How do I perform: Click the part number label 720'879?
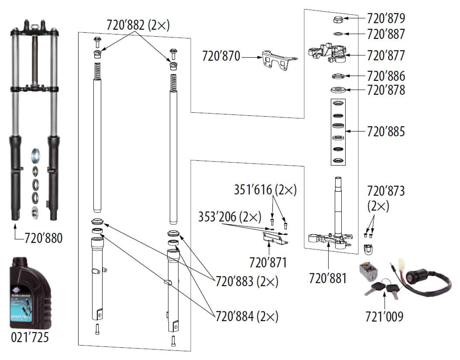[386, 19]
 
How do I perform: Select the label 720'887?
[386, 34]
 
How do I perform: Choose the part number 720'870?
[221, 56]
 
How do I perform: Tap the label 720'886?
[386, 76]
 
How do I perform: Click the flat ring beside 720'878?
[338, 90]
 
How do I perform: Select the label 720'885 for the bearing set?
[386, 131]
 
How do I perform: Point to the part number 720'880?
[43, 238]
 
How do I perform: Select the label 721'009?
[384, 316]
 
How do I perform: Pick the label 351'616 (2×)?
[265, 190]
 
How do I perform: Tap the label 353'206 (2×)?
[230, 216]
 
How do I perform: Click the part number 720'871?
[268, 263]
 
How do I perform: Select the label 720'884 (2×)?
[247, 315]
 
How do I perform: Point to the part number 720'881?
[328, 278]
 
